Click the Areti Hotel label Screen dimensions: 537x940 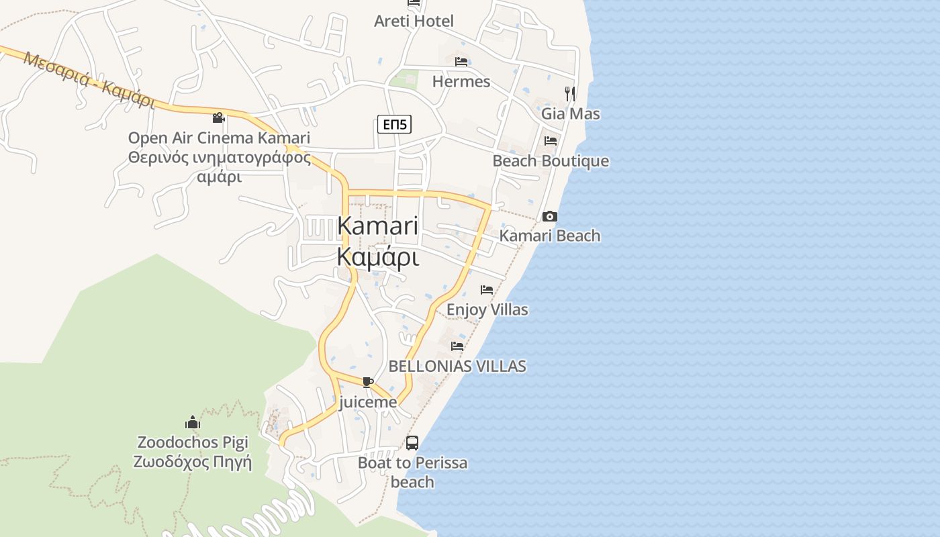pyautogui.click(x=414, y=21)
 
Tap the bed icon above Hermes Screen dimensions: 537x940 pyautogui.click(x=461, y=62)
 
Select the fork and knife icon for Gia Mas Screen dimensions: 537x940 pyautogui.click(x=570, y=93)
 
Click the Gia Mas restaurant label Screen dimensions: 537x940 pyautogui.click(x=571, y=113)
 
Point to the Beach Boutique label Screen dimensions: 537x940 pyautogui.click(x=551, y=161)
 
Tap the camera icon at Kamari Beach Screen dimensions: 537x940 pyautogui.click(x=550, y=216)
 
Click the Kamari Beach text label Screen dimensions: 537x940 pyautogui.click(x=550, y=236)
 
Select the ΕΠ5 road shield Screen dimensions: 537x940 pyautogui.click(x=394, y=124)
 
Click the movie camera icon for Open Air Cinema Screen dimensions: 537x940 pyautogui.click(x=218, y=117)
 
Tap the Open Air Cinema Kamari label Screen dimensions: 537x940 pyautogui.click(x=219, y=138)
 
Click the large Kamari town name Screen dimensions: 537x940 pyautogui.click(x=378, y=226)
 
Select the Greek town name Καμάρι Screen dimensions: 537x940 pyautogui.click(x=378, y=257)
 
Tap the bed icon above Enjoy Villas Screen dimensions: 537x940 pyautogui.click(x=487, y=290)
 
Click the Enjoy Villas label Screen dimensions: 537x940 pyautogui.click(x=487, y=309)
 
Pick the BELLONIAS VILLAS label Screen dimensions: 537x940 pyautogui.click(x=457, y=366)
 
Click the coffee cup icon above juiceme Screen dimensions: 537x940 pyautogui.click(x=367, y=382)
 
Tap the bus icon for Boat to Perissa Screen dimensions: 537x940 pyautogui.click(x=412, y=443)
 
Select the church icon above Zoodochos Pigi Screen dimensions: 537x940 pyautogui.click(x=193, y=422)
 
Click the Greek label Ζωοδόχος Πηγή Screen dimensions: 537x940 pyautogui.click(x=193, y=462)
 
